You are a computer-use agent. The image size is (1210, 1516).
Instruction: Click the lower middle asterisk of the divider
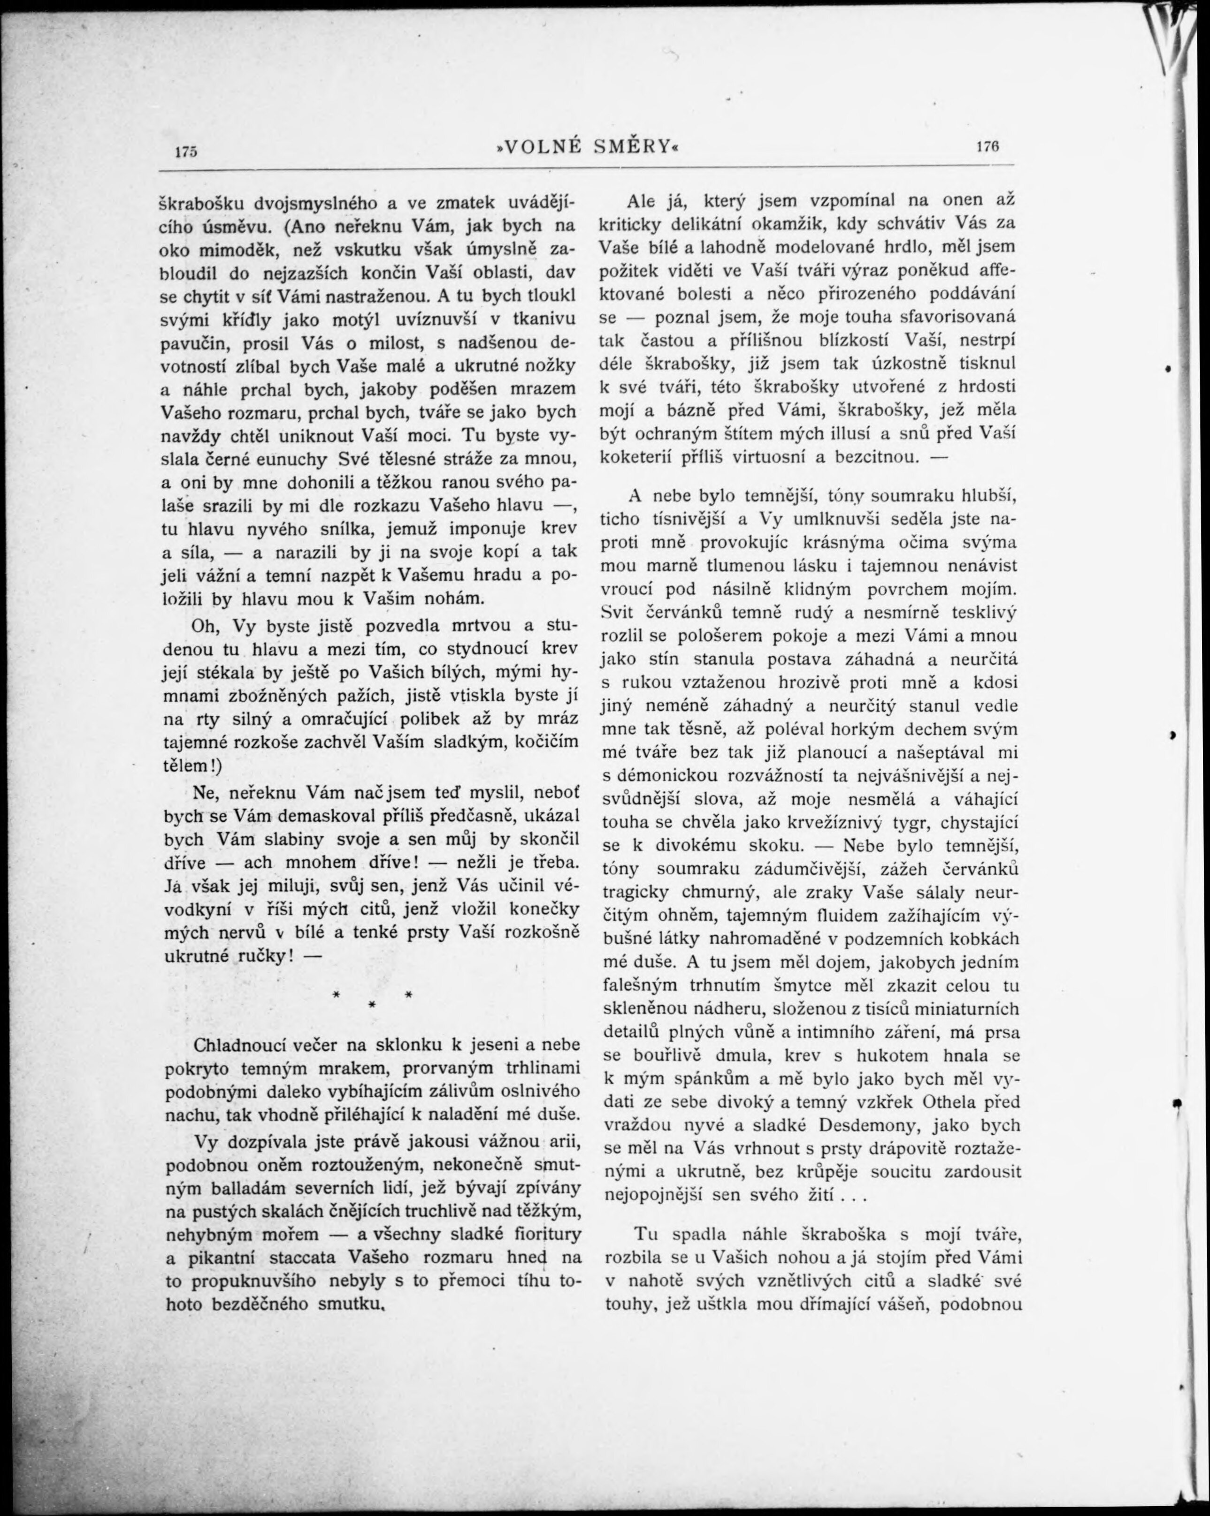(371, 1006)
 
